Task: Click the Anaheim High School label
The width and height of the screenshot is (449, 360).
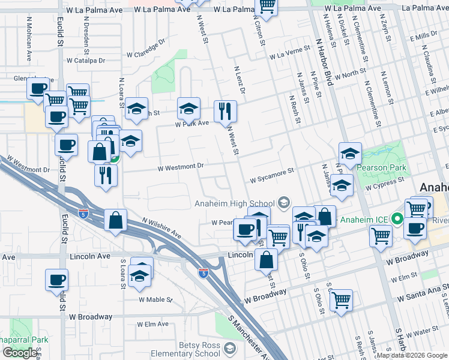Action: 235,203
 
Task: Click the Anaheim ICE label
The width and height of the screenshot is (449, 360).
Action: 364,220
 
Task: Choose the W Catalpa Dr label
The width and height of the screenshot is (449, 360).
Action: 86,61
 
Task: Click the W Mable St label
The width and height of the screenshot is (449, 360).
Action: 155,299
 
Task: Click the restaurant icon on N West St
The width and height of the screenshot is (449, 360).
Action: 226,110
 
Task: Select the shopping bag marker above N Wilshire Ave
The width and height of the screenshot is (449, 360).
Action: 115,220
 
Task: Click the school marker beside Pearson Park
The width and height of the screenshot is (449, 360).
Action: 350,152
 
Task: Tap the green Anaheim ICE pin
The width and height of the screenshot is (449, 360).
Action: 396,219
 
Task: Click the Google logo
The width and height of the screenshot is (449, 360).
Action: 20,353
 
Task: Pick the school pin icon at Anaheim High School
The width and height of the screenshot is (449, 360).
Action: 283,203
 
